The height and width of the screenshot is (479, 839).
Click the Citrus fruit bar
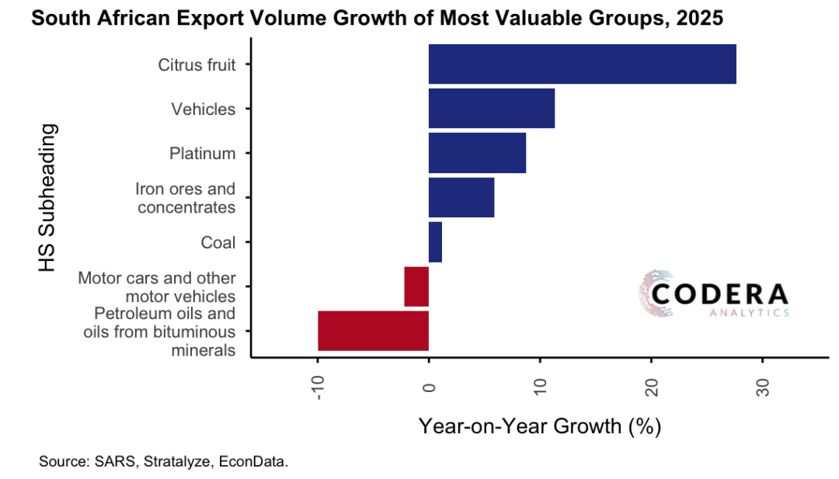click(582, 64)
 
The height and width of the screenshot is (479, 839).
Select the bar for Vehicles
click(491, 109)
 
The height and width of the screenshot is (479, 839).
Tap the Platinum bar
click(477, 153)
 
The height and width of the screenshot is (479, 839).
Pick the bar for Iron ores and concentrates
click(461, 198)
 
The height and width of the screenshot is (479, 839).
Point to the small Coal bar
click(435, 242)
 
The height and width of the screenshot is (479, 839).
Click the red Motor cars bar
click(416, 286)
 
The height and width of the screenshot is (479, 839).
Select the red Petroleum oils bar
click(373, 331)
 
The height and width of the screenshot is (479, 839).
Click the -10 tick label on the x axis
click(318, 385)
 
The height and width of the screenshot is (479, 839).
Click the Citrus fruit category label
click(197, 64)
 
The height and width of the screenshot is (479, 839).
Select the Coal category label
click(218, 242)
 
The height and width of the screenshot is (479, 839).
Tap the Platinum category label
click(202, 153)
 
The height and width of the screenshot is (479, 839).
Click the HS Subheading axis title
click(48, 197)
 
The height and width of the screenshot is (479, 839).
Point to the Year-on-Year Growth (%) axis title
click(539, 426)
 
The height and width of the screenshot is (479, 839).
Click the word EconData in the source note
click(252, 462)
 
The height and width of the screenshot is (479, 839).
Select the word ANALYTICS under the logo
click(750, 313)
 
